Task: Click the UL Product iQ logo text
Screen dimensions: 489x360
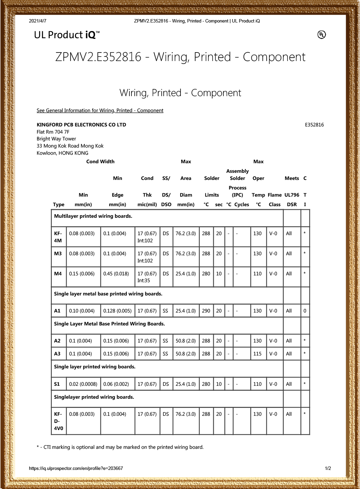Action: (x=66, y=35)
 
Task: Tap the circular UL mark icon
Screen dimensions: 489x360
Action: (x=322, y=34)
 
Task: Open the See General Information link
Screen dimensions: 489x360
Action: (x=100, y=110)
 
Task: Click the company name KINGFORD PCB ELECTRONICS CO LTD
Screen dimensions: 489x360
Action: (x=81, y=125)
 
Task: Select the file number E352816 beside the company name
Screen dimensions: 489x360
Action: (x=314, y=125)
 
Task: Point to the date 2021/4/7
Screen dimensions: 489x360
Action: (x=37, y=21)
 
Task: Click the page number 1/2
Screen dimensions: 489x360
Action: (x=328, y=468)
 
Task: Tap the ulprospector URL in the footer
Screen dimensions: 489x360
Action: (x=76, y=468)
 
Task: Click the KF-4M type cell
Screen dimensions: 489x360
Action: (x=58, y=237)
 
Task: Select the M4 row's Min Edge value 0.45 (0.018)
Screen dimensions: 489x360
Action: (x=116, y=274)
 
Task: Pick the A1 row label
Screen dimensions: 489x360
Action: (x=57, y=311)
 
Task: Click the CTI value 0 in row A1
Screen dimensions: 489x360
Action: (x=305, y=311)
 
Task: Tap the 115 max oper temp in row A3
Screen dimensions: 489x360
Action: (x=257, y=354)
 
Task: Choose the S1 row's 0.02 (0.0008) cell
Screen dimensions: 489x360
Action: (x=83, y=384)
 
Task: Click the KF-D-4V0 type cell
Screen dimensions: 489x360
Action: (x=59, y=421)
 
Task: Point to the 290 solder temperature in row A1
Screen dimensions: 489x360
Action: (x=206, y=311)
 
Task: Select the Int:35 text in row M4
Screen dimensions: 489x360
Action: (x=144, y=280)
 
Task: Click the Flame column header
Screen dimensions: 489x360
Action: (x=275, y=195)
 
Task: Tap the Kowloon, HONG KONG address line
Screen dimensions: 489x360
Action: (x=62, y=153)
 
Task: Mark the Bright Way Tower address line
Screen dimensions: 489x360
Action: (x=56, y=139)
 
